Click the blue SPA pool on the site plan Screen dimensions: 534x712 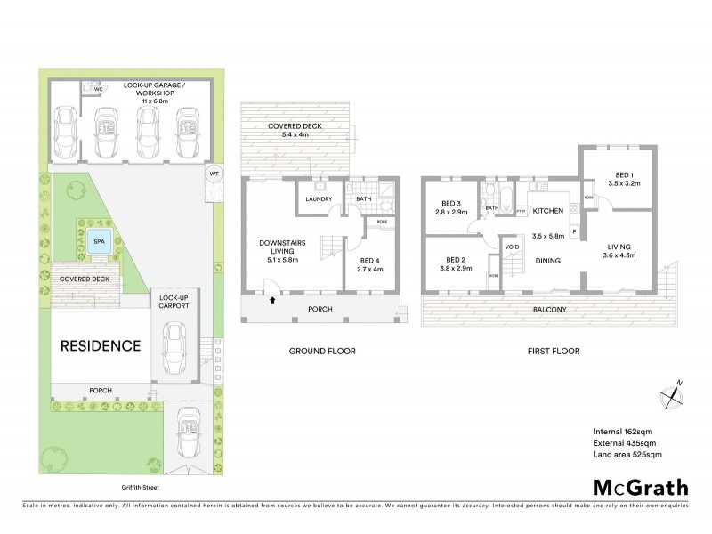tap(94, 239)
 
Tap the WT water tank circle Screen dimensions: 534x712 tap(214, 173)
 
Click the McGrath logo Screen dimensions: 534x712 tap(640, 487)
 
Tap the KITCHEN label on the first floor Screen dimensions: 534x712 tap(549, 211)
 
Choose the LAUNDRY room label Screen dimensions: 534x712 tap(318, 199)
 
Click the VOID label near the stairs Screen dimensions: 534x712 tap(512, 247)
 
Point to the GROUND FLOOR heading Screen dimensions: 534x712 tap(322, 352)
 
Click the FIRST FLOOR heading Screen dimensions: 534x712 tap(554, 352)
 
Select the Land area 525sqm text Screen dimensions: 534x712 tap(627, 454)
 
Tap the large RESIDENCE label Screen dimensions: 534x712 tap(101, 345)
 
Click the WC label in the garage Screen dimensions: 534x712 tap(100, 90)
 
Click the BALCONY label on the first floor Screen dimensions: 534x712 tap(550, 310)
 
